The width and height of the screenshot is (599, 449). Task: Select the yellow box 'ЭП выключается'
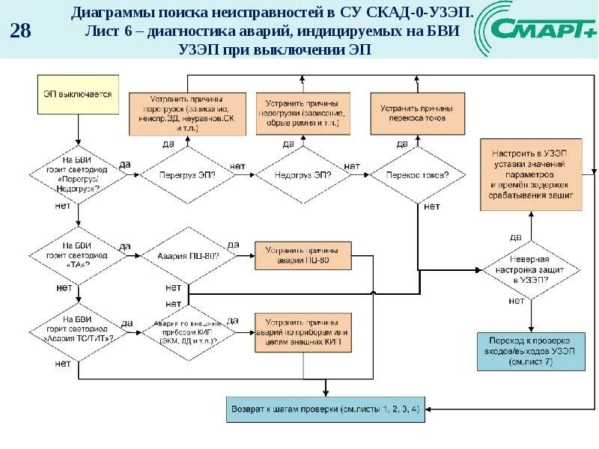tap(78, 95)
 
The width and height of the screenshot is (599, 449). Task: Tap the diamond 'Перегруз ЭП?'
tap(187, 174)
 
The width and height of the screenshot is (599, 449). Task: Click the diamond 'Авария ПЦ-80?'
tap(187, 256)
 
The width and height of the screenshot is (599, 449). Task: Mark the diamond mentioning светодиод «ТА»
tap(78, 255)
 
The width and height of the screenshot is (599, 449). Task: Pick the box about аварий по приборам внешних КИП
tap(302, 331)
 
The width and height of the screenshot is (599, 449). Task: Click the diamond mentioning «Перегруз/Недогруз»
tap(78, 174)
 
